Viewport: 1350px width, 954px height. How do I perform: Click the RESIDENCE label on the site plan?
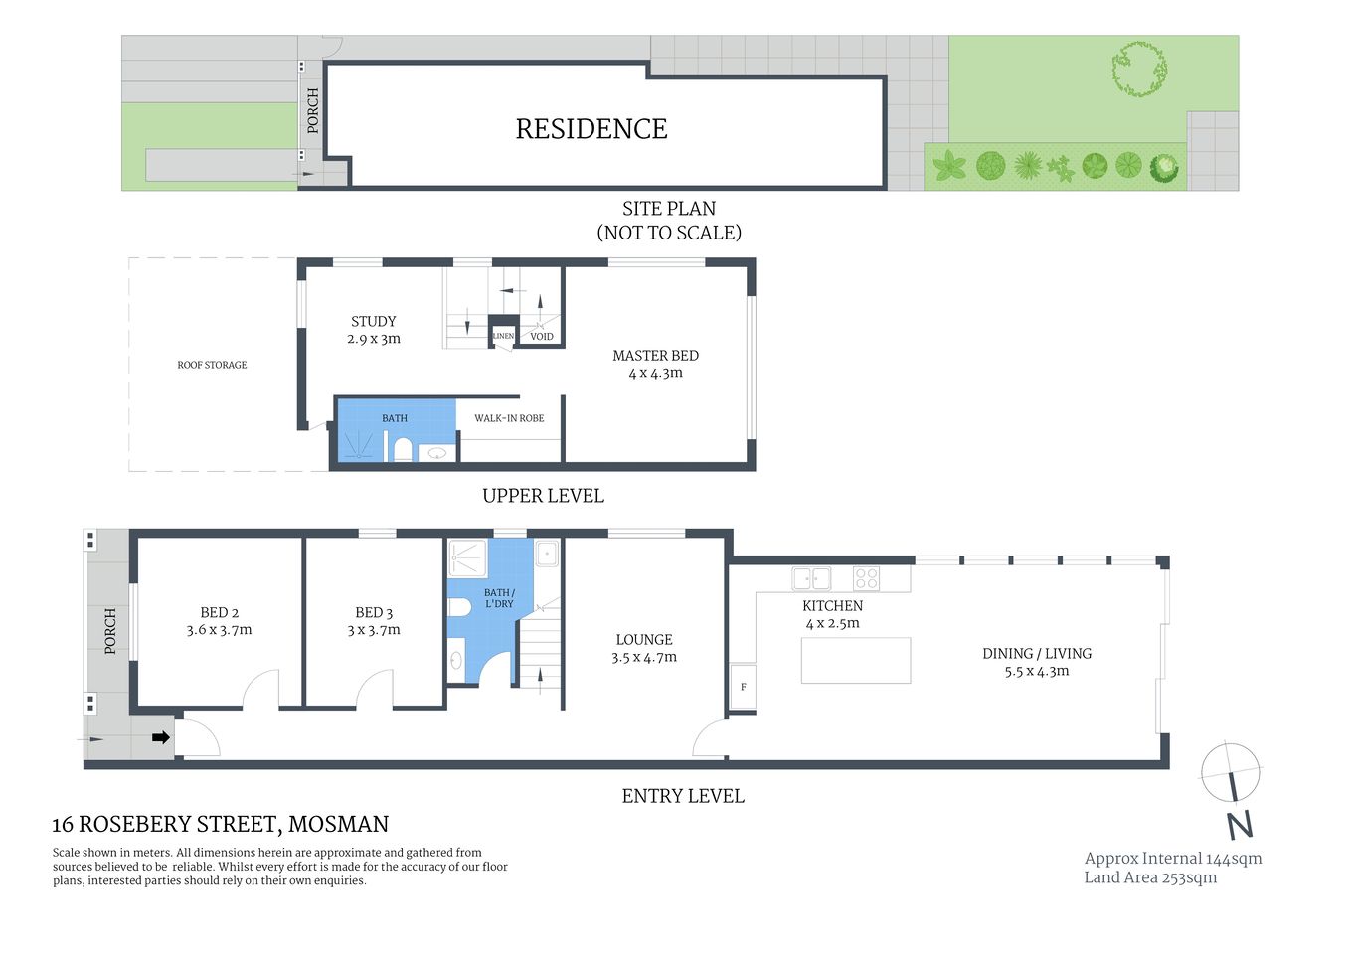click(x=591, y=129)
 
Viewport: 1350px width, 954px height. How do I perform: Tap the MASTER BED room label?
click(x=655, y=356)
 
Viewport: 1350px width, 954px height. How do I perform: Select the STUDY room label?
click(x=373, y=322)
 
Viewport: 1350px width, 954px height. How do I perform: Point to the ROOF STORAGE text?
click(x=212, y=365)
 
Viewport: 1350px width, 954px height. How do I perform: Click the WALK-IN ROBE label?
click(x=509, y=418)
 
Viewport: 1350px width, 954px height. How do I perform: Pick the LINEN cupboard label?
click(x=503, y=336)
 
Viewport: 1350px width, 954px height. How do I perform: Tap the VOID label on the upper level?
click(x=542, y=336)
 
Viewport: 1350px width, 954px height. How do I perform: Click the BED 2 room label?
click(x=219, y=613)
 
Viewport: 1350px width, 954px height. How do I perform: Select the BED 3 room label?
click(x=374, y=613)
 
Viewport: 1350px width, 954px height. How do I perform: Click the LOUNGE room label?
click(x=644, y=640)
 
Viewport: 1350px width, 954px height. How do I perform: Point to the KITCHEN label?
click(x=832, y=606)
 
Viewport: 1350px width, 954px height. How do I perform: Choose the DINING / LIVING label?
click(x=1037, y=654)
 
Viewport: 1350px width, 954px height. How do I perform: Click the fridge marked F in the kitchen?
click(x=743, y=687)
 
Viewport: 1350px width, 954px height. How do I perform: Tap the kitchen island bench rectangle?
click(x=856, y=661)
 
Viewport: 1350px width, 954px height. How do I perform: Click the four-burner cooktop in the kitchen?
click(x=866, y=577)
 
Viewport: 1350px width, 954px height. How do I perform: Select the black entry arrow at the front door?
click(x=159, y=737)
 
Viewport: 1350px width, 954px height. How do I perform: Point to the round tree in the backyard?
click(x=1139, y=69)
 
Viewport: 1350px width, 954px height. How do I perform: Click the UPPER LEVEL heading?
click(x=543, y=496)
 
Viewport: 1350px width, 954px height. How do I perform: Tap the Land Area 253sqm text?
click(x=1150, y=877)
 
